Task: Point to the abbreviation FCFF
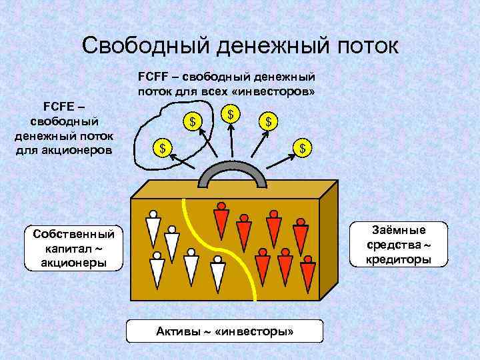pyautogui.click(x=153, y=77)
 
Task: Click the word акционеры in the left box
pyautogui.click(x=73, y=262)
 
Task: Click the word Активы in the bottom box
pyautogui.click(x=178, y=331)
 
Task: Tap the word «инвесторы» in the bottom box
pyautogui.click(x=255, y=331)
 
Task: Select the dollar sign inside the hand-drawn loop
pyautogui.click(x=193, y=122)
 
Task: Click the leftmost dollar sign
pyautogui.click(x=160, y=147)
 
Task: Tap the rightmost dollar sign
pyautogui.click(x=303, y=147)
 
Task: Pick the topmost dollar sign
pyautogui.click(x=230, y=114)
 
